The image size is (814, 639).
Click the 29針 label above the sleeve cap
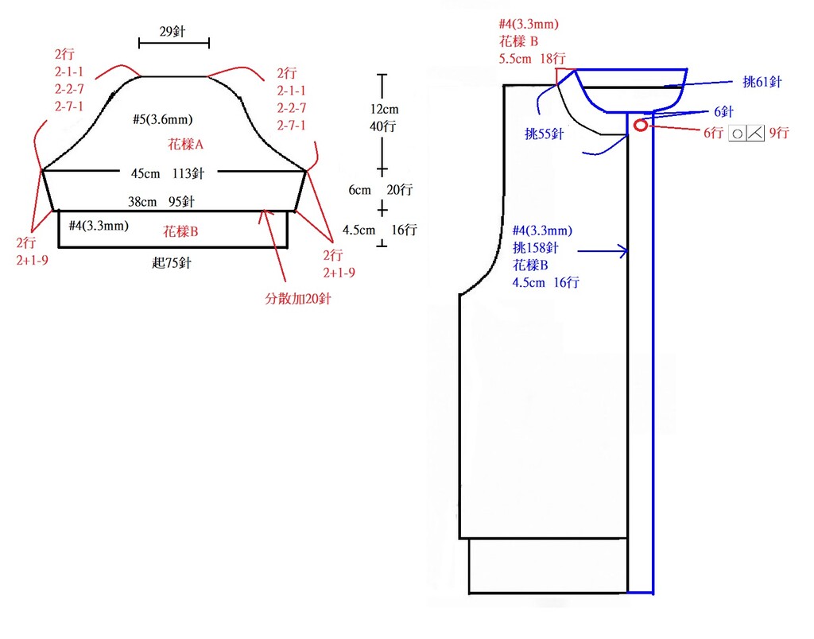(x=172, y=32)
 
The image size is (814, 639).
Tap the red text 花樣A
(x=185, y=145)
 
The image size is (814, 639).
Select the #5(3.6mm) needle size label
(x=162, y=119)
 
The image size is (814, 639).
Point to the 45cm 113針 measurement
(x=168, y=173)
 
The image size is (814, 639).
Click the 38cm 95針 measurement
(x=161, y=201)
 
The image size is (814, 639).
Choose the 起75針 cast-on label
(x=172, y=263)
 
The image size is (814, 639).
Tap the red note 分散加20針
(x=298, y=299)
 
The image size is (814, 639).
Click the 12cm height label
(x=384, y=109)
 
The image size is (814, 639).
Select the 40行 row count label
(x=383, y=126)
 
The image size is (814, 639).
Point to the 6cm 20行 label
(x=381, y=190)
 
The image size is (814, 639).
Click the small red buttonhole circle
(x=641, y=125)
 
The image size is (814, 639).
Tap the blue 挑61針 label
(x=762, y=82)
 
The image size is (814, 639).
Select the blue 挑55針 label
(x=544, y=134)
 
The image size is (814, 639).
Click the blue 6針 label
(x=723, y=111)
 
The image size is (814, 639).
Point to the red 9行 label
(x=779, y=133)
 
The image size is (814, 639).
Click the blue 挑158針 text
(x=535, y=248)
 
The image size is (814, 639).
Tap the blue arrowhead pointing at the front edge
(x=623, y=251)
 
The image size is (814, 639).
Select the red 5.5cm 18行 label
(x=532, y=59)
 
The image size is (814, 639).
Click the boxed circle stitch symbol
(x=737, y=134)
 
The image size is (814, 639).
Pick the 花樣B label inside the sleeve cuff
(x=180, y=231)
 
